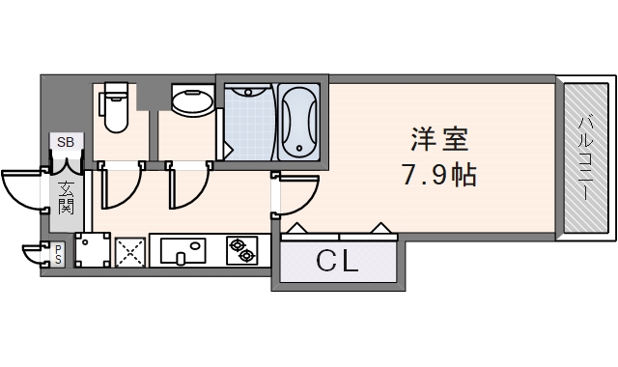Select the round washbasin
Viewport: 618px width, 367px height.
(193, 101)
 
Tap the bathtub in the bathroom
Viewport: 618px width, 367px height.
(296, 123)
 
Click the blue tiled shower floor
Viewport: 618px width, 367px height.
(249, 126)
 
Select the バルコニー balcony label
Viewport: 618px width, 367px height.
(585, 158)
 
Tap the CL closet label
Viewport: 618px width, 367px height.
(337, 260)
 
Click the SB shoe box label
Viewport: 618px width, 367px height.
(65, 143)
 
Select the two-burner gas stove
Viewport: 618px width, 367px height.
(241, 251)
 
